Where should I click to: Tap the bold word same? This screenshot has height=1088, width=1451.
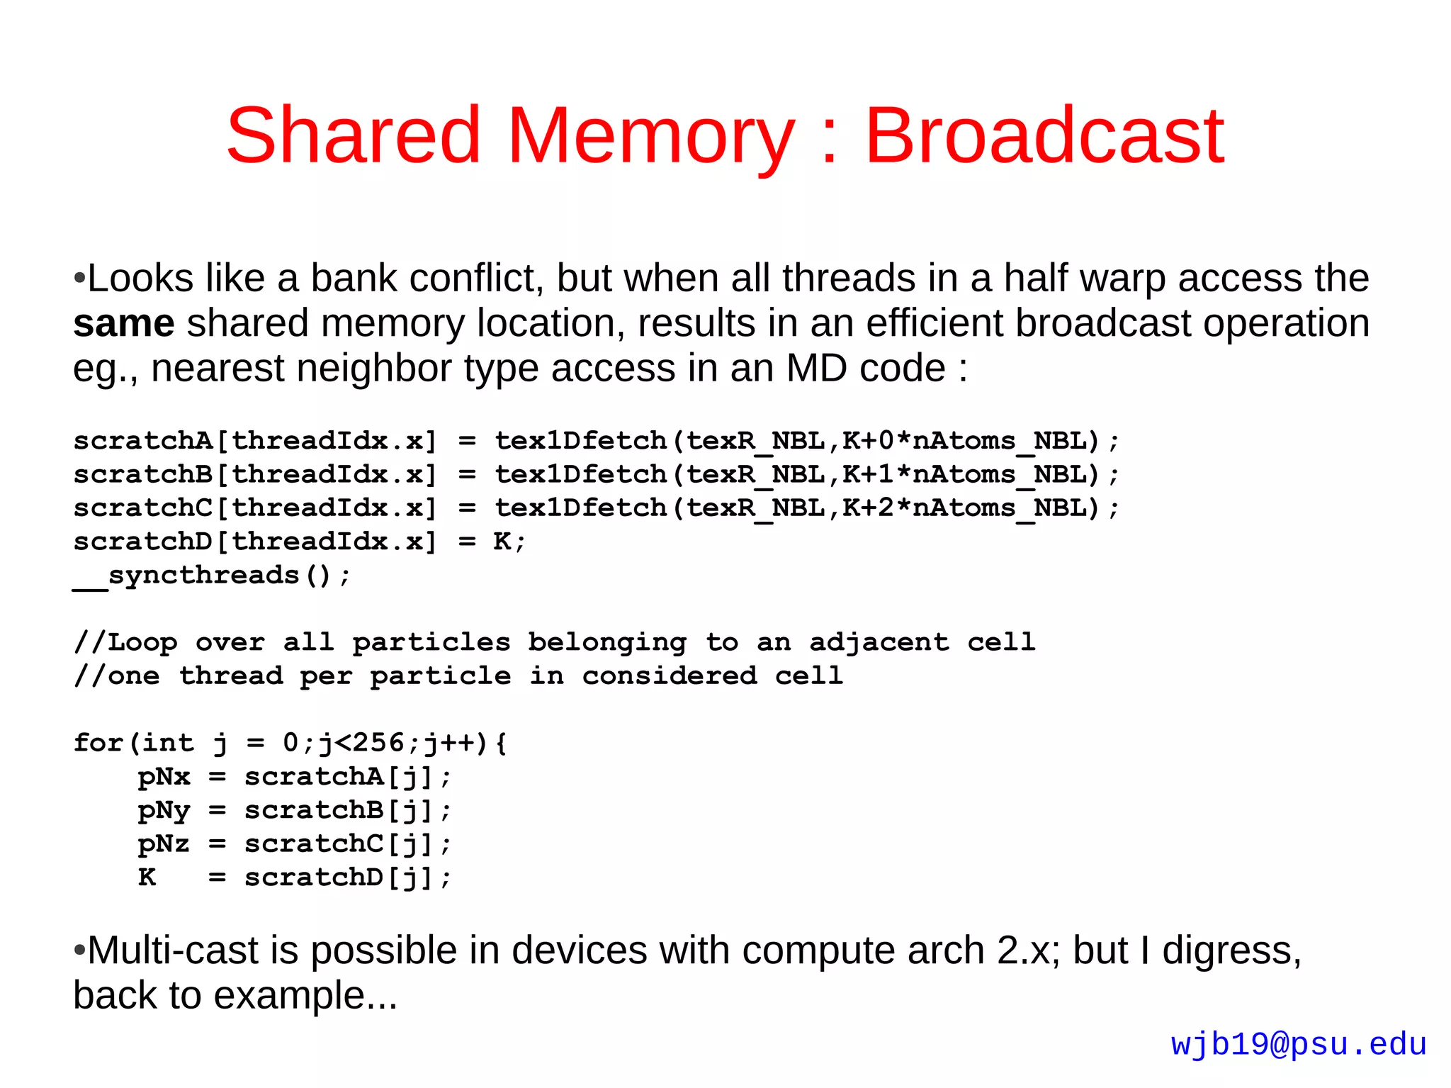click(124, 323)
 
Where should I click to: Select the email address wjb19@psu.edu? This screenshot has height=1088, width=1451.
click(1298, 1045)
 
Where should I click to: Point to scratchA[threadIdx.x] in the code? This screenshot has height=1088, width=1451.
click(255, 441)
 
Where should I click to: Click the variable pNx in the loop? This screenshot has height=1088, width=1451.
click(164, 777)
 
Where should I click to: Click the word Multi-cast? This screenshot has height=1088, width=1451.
click(173, 950)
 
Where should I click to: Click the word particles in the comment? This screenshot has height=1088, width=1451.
click(431, 642)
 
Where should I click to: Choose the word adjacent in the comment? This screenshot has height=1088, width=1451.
click(879, 642)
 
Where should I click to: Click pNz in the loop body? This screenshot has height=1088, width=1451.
click(164, 844)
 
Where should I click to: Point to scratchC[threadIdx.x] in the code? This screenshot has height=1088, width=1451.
click(255, 508)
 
